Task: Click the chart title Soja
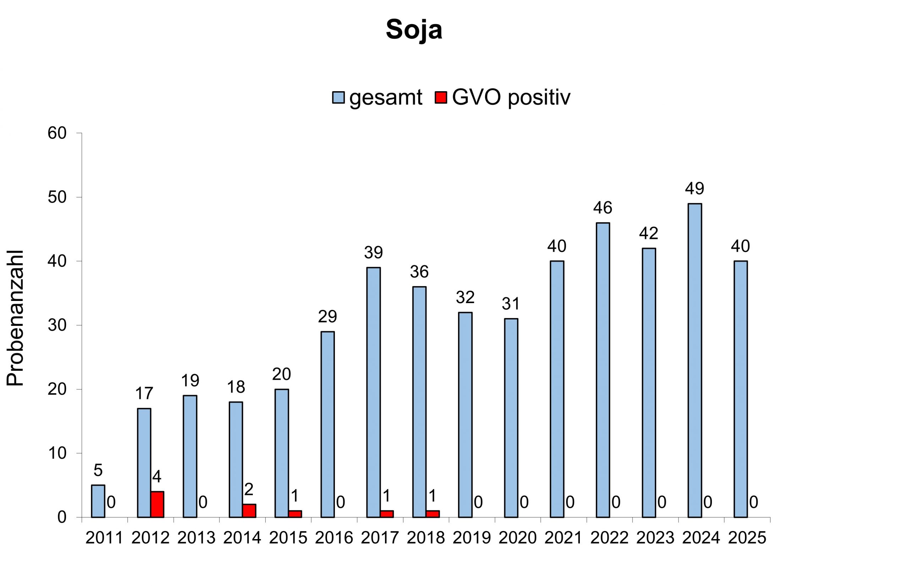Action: pos(414,29)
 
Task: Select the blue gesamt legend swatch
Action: pos(338,98)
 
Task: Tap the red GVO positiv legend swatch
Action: pos(440,98)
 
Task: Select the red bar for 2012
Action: pos(157,504)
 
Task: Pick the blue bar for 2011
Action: pos(98,501)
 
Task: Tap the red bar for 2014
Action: pos(249,510)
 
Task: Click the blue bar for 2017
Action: pos(373,392)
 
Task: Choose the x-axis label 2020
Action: pos(517,538)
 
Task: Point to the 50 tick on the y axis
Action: pos(57,197)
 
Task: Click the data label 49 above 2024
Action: pos(694,188)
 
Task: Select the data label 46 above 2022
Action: pos(603,208)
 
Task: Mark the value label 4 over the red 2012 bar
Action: pos(157,477)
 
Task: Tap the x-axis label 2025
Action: pos(747,538)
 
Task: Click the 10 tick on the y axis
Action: pos(57,453)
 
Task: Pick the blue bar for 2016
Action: pos(327,424)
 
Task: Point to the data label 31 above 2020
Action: pos(511,304)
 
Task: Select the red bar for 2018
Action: pos(432,514)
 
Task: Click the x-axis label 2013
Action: pos(196,538)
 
